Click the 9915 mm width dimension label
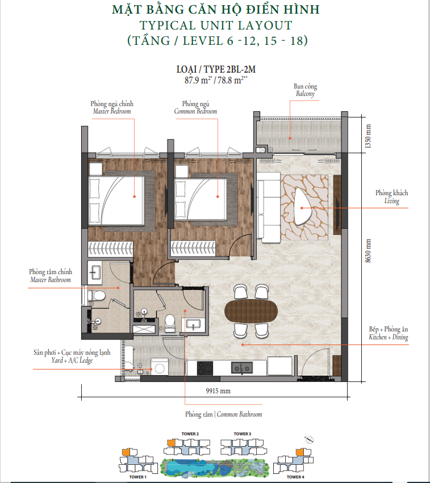point(218,391)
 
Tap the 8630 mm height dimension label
point(368,251)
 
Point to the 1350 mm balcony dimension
point(368,136)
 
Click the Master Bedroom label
point(112,111)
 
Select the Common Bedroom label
point(195,111)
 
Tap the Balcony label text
point(305,94)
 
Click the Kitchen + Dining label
point(389,337)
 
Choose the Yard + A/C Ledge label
point(72,360)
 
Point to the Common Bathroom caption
point(240,414)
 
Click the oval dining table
point(251,311)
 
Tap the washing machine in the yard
point(160,367)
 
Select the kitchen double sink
point(242,368)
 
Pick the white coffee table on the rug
point(303,207)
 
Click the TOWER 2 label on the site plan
point(190,434)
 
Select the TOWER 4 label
point(295,477)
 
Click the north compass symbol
point(309,440)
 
